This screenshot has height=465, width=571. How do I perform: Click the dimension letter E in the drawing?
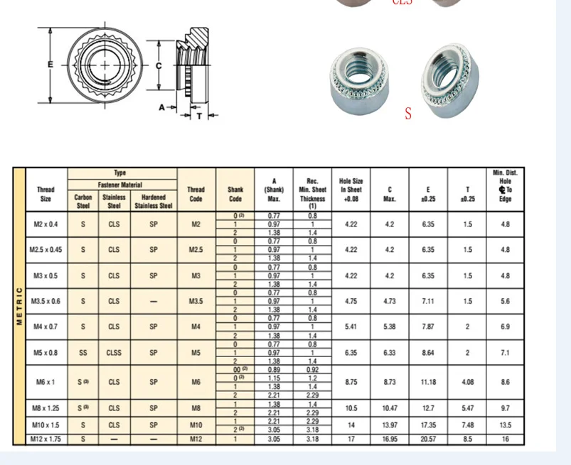50,64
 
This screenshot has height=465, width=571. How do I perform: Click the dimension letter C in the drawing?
159,65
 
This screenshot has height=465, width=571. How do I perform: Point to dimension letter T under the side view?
199,115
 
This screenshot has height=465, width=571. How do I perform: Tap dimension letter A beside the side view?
162,108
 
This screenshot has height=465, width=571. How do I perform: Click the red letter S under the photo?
408,114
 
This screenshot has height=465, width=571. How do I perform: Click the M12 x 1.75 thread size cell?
46,439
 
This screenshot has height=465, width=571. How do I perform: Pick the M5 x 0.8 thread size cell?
46,352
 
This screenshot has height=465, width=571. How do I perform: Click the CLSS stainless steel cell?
114,352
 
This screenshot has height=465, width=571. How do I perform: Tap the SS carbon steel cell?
83,352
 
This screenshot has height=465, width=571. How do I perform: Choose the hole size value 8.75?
351,382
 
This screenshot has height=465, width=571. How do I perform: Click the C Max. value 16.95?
389,439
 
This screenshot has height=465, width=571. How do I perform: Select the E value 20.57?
428,439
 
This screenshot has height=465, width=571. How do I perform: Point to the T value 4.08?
467,382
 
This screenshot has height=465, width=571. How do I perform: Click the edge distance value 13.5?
505,425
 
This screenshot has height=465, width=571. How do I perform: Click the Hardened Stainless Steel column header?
154,202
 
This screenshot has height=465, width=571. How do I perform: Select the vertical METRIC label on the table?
19,305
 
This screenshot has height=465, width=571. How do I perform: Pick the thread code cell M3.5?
196,301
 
